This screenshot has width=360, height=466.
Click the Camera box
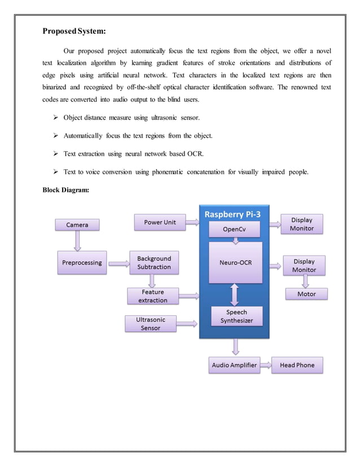point(77,225)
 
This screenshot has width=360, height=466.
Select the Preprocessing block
point(82,262)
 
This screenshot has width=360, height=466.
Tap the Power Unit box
point(160,222)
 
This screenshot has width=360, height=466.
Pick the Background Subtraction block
point(153,262)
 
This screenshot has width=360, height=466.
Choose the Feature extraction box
point(153,296)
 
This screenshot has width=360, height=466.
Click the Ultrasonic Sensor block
point(151,323)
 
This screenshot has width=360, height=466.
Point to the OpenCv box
point(234,229)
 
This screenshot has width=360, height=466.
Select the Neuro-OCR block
point(235,262)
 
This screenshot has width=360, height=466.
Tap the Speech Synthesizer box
point(236,316)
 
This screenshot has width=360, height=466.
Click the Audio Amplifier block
point(234,365)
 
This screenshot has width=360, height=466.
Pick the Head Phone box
point(297,365)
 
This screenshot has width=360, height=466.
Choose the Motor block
point(306,294)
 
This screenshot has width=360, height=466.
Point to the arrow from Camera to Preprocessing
point(77,241)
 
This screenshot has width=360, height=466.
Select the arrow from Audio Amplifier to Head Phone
point(265,365)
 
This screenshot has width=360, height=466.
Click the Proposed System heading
point(74,30)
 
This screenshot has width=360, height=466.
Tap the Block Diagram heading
point(65,190)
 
